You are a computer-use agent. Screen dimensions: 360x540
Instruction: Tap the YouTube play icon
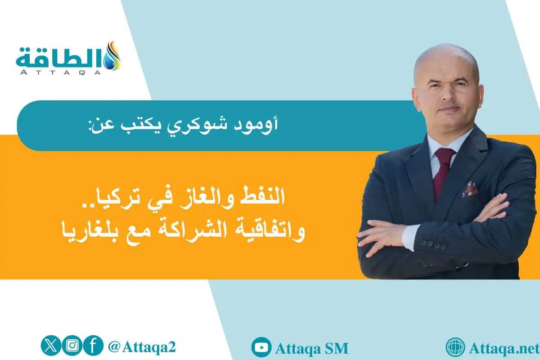pos(261,347)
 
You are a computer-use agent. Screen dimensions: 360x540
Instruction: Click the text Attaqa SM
pos(311,348)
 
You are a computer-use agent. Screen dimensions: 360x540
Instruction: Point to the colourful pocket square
pos(469,189)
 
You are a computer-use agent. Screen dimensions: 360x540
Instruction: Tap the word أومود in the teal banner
pos(261,125)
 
